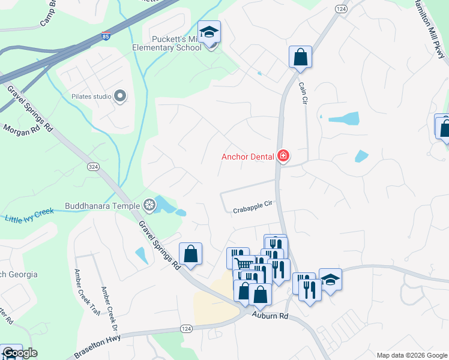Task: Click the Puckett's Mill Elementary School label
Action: (167, 44)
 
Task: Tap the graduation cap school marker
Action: (209, 32)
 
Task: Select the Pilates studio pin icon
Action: (120, 96)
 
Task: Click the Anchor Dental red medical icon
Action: (283, 157)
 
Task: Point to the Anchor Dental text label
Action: (247, 157)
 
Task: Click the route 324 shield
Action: (92, 166)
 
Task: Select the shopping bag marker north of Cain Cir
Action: (300, 57)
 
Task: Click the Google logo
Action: (20, 353)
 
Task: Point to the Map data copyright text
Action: (412, 355)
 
